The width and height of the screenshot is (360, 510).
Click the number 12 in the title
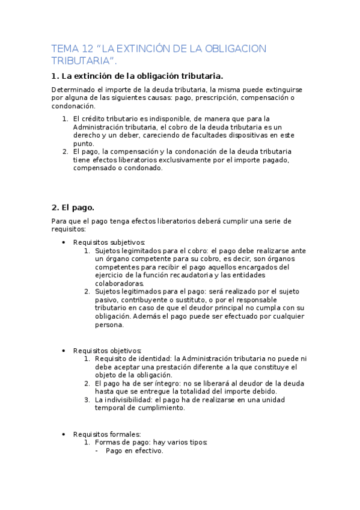tap(87, 49)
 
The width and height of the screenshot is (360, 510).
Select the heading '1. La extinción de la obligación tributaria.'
tap(138, 76)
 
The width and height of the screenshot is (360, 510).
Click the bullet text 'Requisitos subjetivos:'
tap(105, 242)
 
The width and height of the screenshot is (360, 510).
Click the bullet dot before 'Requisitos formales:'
tap(64, 434)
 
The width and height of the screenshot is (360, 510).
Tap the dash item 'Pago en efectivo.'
tap(134, 450)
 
